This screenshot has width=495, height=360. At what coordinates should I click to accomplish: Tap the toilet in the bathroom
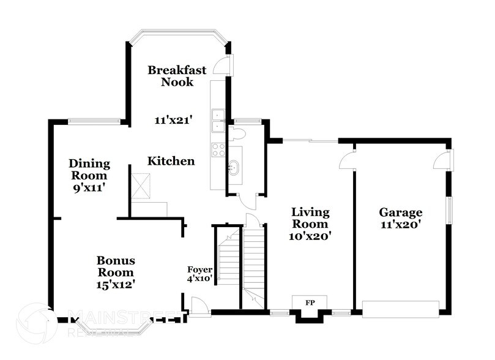[x=236, y=134]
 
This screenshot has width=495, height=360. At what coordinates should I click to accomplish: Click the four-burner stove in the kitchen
[x=218, y=149]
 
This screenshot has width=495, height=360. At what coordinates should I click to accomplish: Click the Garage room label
[x=400, y=212]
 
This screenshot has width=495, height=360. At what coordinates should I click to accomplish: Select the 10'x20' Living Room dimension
[x=310, y=234]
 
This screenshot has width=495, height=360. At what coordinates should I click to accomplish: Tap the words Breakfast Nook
[x=177, y=75]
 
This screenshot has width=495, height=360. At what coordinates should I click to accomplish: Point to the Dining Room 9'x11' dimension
[x=89, y=187]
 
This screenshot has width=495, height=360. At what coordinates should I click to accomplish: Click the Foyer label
[x=200, y=269]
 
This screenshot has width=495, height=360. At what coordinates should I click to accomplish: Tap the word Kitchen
[x=171, y=162]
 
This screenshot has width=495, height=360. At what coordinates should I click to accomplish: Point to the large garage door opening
[x=401, y=308]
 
